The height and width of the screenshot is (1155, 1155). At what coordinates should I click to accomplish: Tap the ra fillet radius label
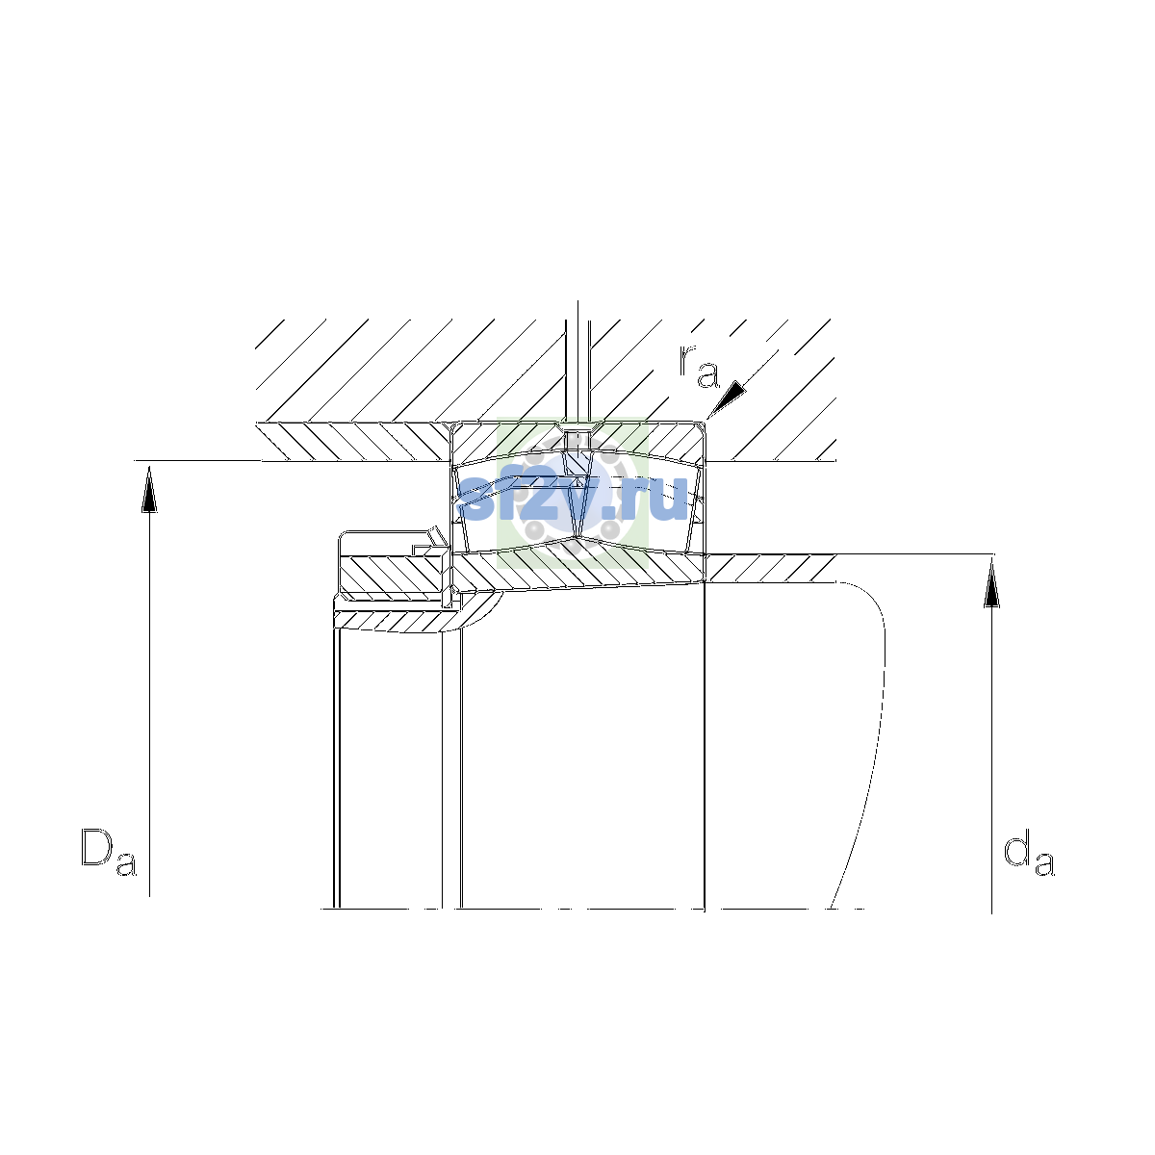point(699,366)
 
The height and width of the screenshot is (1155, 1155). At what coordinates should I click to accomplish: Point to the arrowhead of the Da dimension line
point(149,489)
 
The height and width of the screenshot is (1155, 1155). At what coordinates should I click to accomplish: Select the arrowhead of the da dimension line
point(992,583)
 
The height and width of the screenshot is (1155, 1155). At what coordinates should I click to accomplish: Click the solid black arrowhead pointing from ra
point(727,398)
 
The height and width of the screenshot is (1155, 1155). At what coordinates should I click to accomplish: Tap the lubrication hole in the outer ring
point(577,439)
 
